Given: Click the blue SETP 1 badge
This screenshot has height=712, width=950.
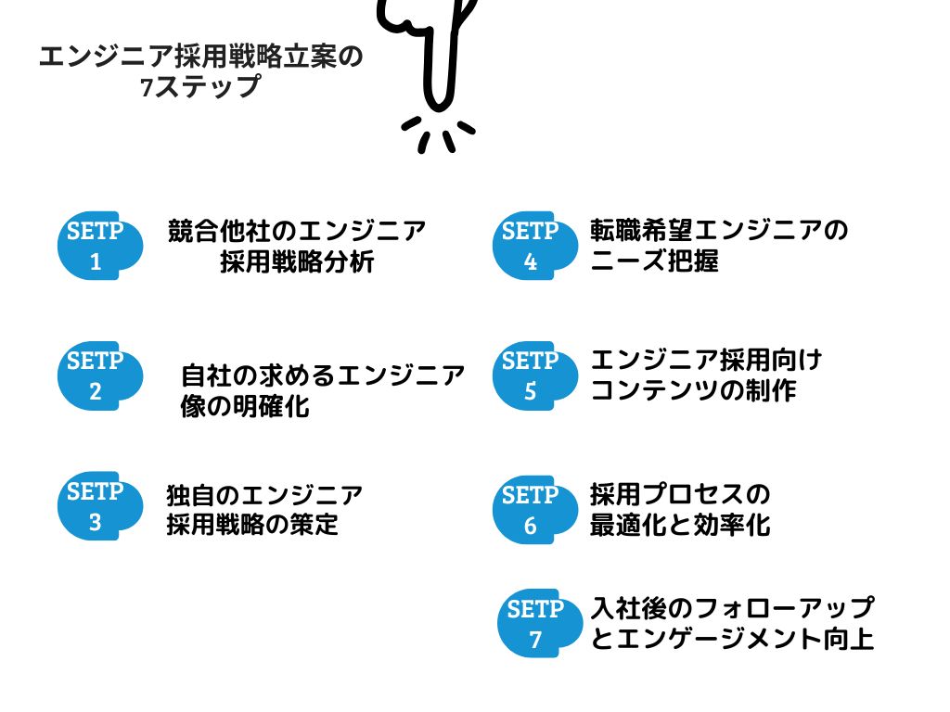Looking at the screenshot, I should pyautogui.click(x=98, y=247).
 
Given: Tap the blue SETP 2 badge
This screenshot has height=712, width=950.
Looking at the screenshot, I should pyautogui.click(x=98, y=375).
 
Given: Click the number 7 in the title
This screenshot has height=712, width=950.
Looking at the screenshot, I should pyautogui.click(x=146, y=90).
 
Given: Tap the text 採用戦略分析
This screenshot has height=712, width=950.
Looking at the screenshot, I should pyautogui.click(x=297, y=262).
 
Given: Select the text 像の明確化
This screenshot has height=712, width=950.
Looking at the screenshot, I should pyautogui.click(x=245, y=407).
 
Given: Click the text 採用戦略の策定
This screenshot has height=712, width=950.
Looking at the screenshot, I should pyautogui.click(x=252, y=525).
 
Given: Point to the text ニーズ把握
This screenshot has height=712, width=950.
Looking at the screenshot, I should pyautogui.click(x=654, y=261).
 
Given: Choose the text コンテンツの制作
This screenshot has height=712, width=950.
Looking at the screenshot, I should pyautogui.click(x=693, y=390).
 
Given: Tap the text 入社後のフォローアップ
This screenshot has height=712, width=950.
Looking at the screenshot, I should pyautogui.click(x=732, y=608).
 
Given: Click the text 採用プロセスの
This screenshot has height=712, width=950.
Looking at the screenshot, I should pyautogui.click(x=680, y=493).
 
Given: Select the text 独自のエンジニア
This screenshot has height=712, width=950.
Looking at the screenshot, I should pyautogui.click(x=264, y=494).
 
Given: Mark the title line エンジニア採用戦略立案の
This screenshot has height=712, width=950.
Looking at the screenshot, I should pyautogui.click(x=201, y=57).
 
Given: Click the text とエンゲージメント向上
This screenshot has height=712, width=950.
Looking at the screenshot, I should pyautogui.click(x=732, y=640).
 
